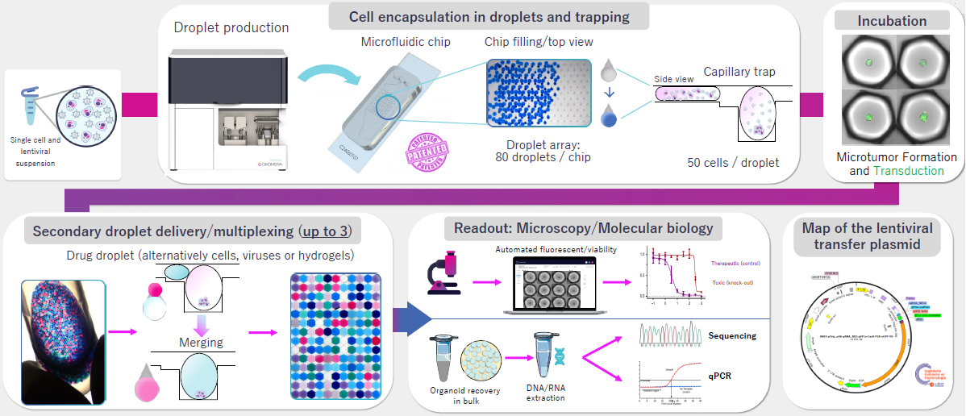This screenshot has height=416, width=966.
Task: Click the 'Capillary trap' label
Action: pyautogui.click(x=739, y=72)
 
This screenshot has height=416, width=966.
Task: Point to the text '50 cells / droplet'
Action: pyautogui.click(x=733, y=163)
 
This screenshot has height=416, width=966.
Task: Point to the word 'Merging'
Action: pyautogui.click(x=201, y=343)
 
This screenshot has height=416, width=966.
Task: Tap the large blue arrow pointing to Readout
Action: pyautogui.click(x=409, y=319)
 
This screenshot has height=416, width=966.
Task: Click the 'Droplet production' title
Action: pyautogui.click(x=231, y=27)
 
